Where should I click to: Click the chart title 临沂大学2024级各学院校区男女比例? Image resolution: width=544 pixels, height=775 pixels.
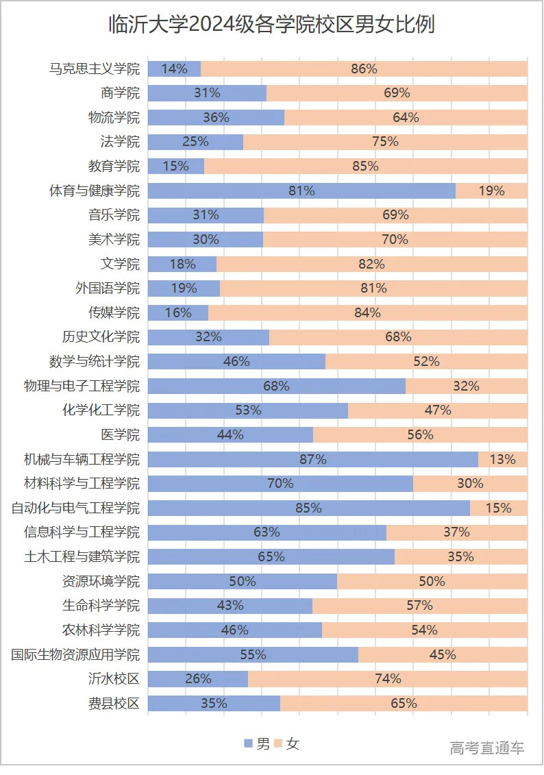[272, 25]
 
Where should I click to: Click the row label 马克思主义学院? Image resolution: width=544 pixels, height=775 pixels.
[95, 69]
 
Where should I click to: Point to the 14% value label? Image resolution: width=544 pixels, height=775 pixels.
[174, 69]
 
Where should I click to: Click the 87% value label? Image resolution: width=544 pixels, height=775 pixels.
[313, 459]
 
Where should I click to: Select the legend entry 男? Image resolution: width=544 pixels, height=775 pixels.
[257, 743]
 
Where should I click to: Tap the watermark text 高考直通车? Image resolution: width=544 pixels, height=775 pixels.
[487, 748]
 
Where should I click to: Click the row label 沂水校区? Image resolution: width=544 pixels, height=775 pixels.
[114, 679]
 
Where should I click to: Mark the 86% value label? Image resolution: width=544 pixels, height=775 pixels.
[364, 69]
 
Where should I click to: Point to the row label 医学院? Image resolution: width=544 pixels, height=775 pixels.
[120, 434]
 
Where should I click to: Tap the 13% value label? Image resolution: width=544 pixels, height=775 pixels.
[502, 459]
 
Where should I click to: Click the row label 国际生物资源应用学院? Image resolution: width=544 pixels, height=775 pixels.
[75, 654]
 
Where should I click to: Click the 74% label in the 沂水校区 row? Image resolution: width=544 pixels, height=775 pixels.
[388, 679]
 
